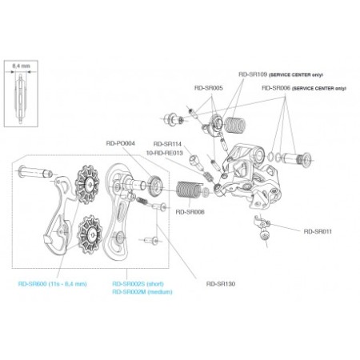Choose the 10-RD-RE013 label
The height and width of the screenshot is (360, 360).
[167, 152]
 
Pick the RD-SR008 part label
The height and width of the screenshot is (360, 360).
[190, 212]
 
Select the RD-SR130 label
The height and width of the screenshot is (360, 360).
[221, 282]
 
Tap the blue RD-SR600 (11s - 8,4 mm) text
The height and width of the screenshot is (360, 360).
[52, 282]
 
